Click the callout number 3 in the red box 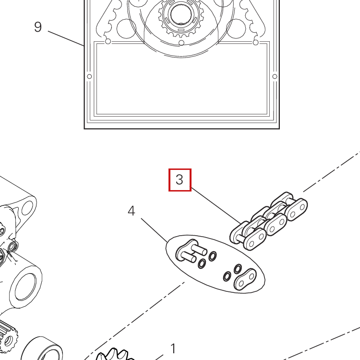180,180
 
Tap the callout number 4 131,211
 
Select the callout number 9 38,27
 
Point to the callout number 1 173,348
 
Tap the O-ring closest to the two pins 202,263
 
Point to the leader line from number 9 66,38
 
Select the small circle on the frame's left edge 89,76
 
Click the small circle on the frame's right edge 275,76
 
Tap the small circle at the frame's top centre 181,43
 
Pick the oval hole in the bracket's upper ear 27,208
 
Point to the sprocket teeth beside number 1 115,356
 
